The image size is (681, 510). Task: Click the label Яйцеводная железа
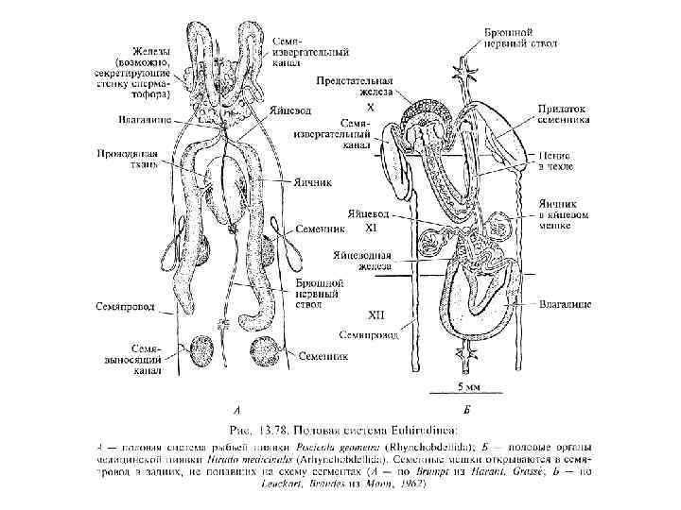click(362, 262)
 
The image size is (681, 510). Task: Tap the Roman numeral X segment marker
click(371, 110)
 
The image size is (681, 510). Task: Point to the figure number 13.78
click(287, 427)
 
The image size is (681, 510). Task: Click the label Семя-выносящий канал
click(142, 359)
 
